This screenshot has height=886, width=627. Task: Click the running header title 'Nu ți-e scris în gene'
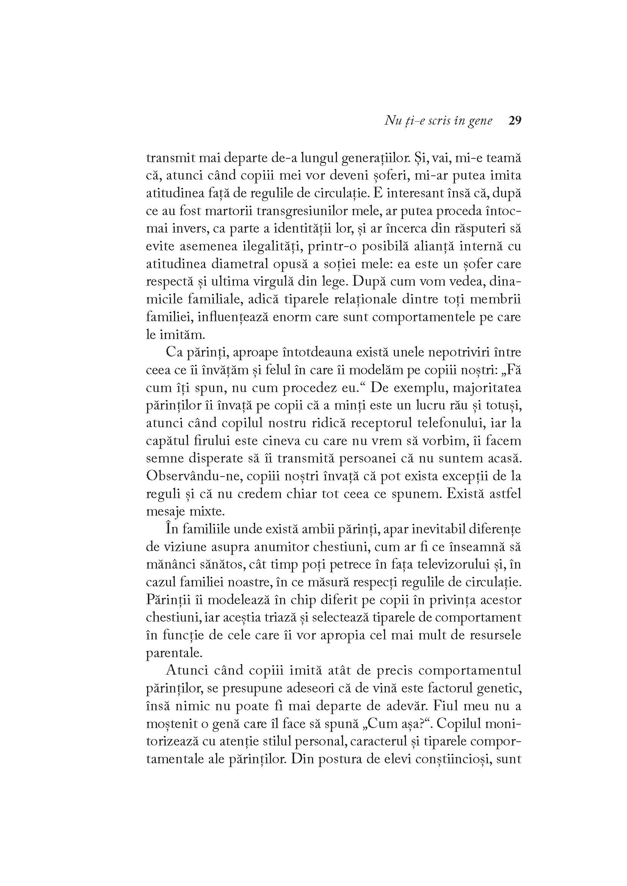(x=438, y=121)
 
